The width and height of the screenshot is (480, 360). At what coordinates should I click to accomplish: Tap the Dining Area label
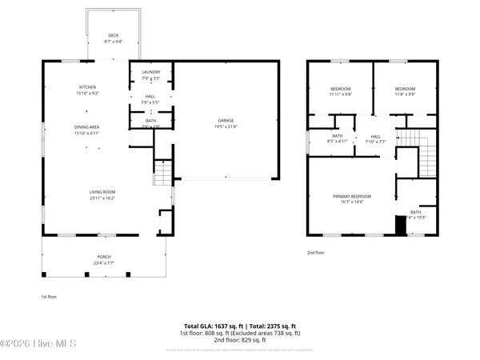(87, 129)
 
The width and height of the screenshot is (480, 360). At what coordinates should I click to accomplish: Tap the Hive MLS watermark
(38, 344)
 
